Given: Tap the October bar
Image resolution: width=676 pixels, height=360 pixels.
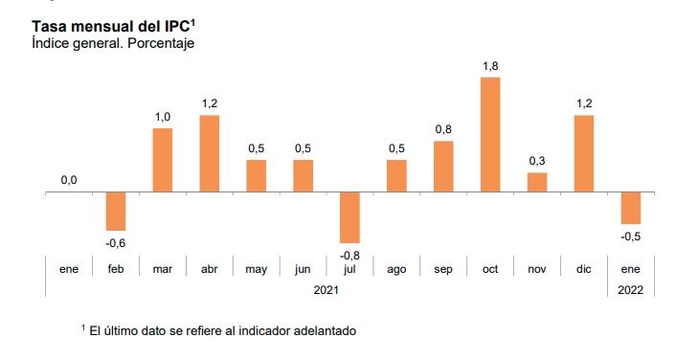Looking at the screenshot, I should [490, 134].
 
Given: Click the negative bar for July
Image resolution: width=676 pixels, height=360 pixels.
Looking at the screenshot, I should [349, 217].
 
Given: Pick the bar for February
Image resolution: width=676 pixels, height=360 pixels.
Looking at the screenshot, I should [116, 211].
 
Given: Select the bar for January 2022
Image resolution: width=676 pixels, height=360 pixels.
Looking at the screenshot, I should [631, 208].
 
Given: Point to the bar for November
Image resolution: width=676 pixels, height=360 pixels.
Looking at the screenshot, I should [537, 182].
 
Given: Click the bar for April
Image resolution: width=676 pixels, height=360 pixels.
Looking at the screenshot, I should [210, 153].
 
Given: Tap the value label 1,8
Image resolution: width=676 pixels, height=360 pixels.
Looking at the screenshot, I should [490, 65].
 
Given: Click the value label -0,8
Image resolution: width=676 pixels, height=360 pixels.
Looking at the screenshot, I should [349, 255].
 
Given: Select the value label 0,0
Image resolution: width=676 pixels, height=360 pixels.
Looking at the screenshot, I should [69, 180].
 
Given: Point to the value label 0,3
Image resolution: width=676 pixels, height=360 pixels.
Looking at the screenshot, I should [537, 161].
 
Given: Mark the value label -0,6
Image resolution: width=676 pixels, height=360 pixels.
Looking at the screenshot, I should [116, 242].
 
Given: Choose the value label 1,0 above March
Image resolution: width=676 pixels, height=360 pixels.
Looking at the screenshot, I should [163, 117].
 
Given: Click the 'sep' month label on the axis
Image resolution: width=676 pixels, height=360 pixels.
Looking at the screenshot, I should [443, 270].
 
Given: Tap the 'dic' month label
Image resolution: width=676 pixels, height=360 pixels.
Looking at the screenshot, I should [584, 270].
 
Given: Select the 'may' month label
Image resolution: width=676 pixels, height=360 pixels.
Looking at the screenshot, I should [256, 270].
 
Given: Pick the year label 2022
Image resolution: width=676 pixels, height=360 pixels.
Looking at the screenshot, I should [631, 287].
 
